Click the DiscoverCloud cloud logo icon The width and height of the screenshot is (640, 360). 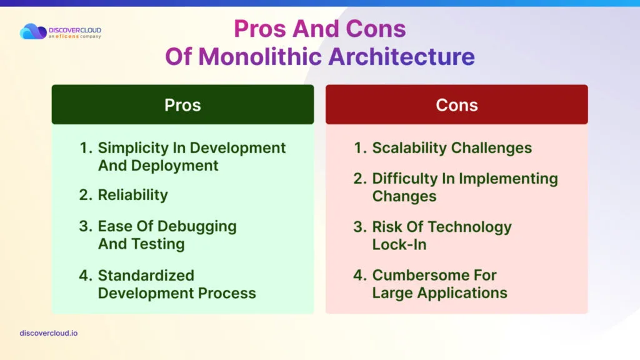coord(33,31)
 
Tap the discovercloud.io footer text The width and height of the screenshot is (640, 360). coord(49,333)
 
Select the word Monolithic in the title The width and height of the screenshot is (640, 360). coord(260,56)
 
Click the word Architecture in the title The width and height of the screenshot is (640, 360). coord(402,56)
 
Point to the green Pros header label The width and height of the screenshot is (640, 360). coord(182,105)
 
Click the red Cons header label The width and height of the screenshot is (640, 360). coord(457,105)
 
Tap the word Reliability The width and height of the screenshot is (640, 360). coord(132,196)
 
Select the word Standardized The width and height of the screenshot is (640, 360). coord(146,276)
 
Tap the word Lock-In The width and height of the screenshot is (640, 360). coord(399,244)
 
